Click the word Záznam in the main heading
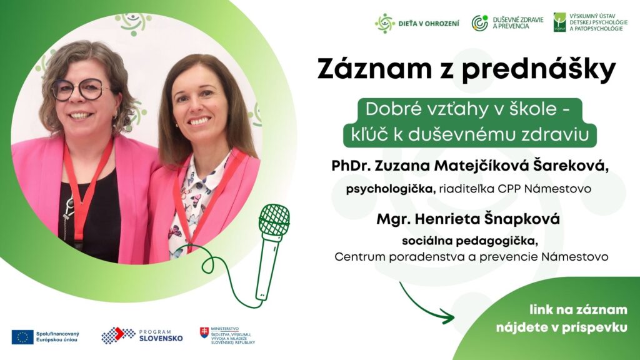pyautogui.click(x=374, y=69)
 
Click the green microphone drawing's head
pyautogui.click(x=274, y=221)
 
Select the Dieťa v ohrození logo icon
pyautogui.click(x=384, y=23)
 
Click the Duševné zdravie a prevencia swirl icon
pyautogui.click(x=480, y=23)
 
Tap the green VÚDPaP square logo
pyautogui.click(x=559, y=22)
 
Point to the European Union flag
pyautogui.click(x=22, y=337)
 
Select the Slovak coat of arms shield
pyautogui.click(x=204, y=332)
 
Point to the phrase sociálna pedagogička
pyautogui.click(x=470, y=241)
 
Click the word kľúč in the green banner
pyautogui.click(x=369, y=134)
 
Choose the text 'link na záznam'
pyautogui.click(x=578, y=309)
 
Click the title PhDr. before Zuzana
pyautogui.click(x=351, y=166)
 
